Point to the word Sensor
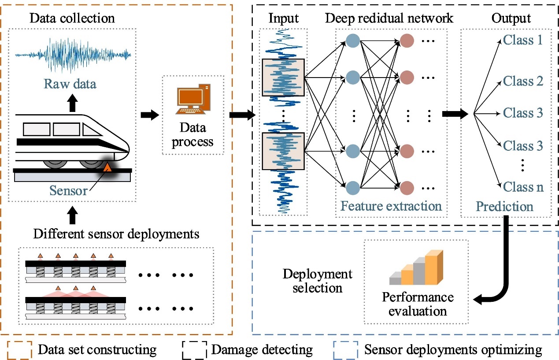[68, 190]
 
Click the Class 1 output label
[523, 41]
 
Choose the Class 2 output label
[523, 81]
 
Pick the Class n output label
[523, 187]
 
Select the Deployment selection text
[317, 281]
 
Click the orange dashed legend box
[19, 350]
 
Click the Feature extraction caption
[391, 206]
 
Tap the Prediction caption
[504, 206]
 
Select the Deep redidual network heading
[389, 19]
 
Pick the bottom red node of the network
[407, 187]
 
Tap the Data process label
[193, 135]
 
